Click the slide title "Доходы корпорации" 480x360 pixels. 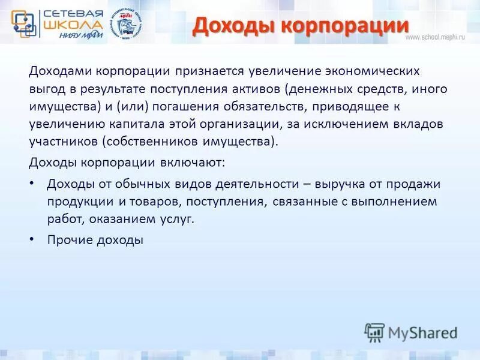coord(301,26)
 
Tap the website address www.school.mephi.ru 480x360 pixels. coord(435,37)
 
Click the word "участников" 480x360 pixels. coord(63,142)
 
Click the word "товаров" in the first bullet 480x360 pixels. coord(163,202)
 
